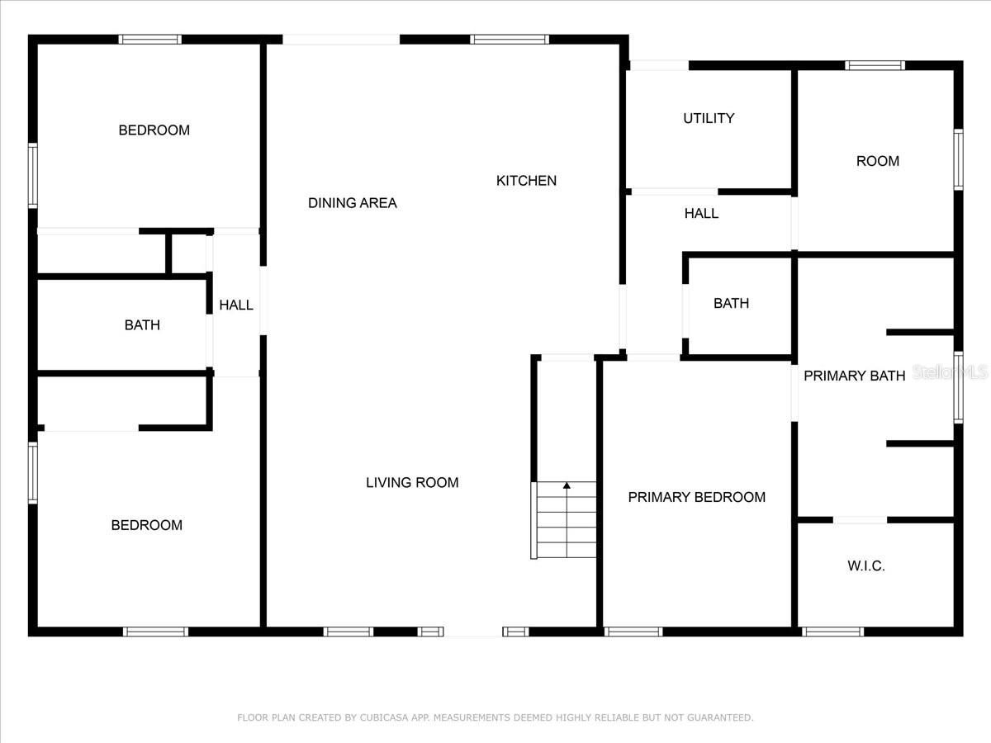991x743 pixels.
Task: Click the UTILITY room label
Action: [x=709, y=119]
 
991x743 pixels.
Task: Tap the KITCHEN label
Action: [x=526, y=181]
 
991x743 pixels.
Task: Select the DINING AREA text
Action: [x=353, y=203]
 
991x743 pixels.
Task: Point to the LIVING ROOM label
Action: [x=412, y=483]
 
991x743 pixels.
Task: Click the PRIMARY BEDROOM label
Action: [x=696, y=497]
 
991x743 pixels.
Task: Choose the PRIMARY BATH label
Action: [x=854, y=376]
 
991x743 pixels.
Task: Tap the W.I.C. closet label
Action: [x=865, y=566]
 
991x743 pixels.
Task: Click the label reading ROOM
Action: [x=877, y=162]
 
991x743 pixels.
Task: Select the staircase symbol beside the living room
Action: [x=566, y=520]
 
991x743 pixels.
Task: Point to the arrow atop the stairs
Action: [x=567, y=485]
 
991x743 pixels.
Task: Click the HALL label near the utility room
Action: [x=701, y=214]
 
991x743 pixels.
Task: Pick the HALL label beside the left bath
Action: [x=236, y=305]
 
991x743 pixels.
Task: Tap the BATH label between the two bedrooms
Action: [x=142, y=325]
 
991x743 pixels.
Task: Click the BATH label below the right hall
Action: [x=731, y=304]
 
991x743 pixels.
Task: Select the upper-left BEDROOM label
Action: [x=154, y=130]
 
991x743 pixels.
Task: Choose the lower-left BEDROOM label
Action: [x=146, y=526]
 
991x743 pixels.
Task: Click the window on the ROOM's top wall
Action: [x=875, y=65]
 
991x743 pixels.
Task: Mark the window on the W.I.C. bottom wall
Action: [x=832, y=632]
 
